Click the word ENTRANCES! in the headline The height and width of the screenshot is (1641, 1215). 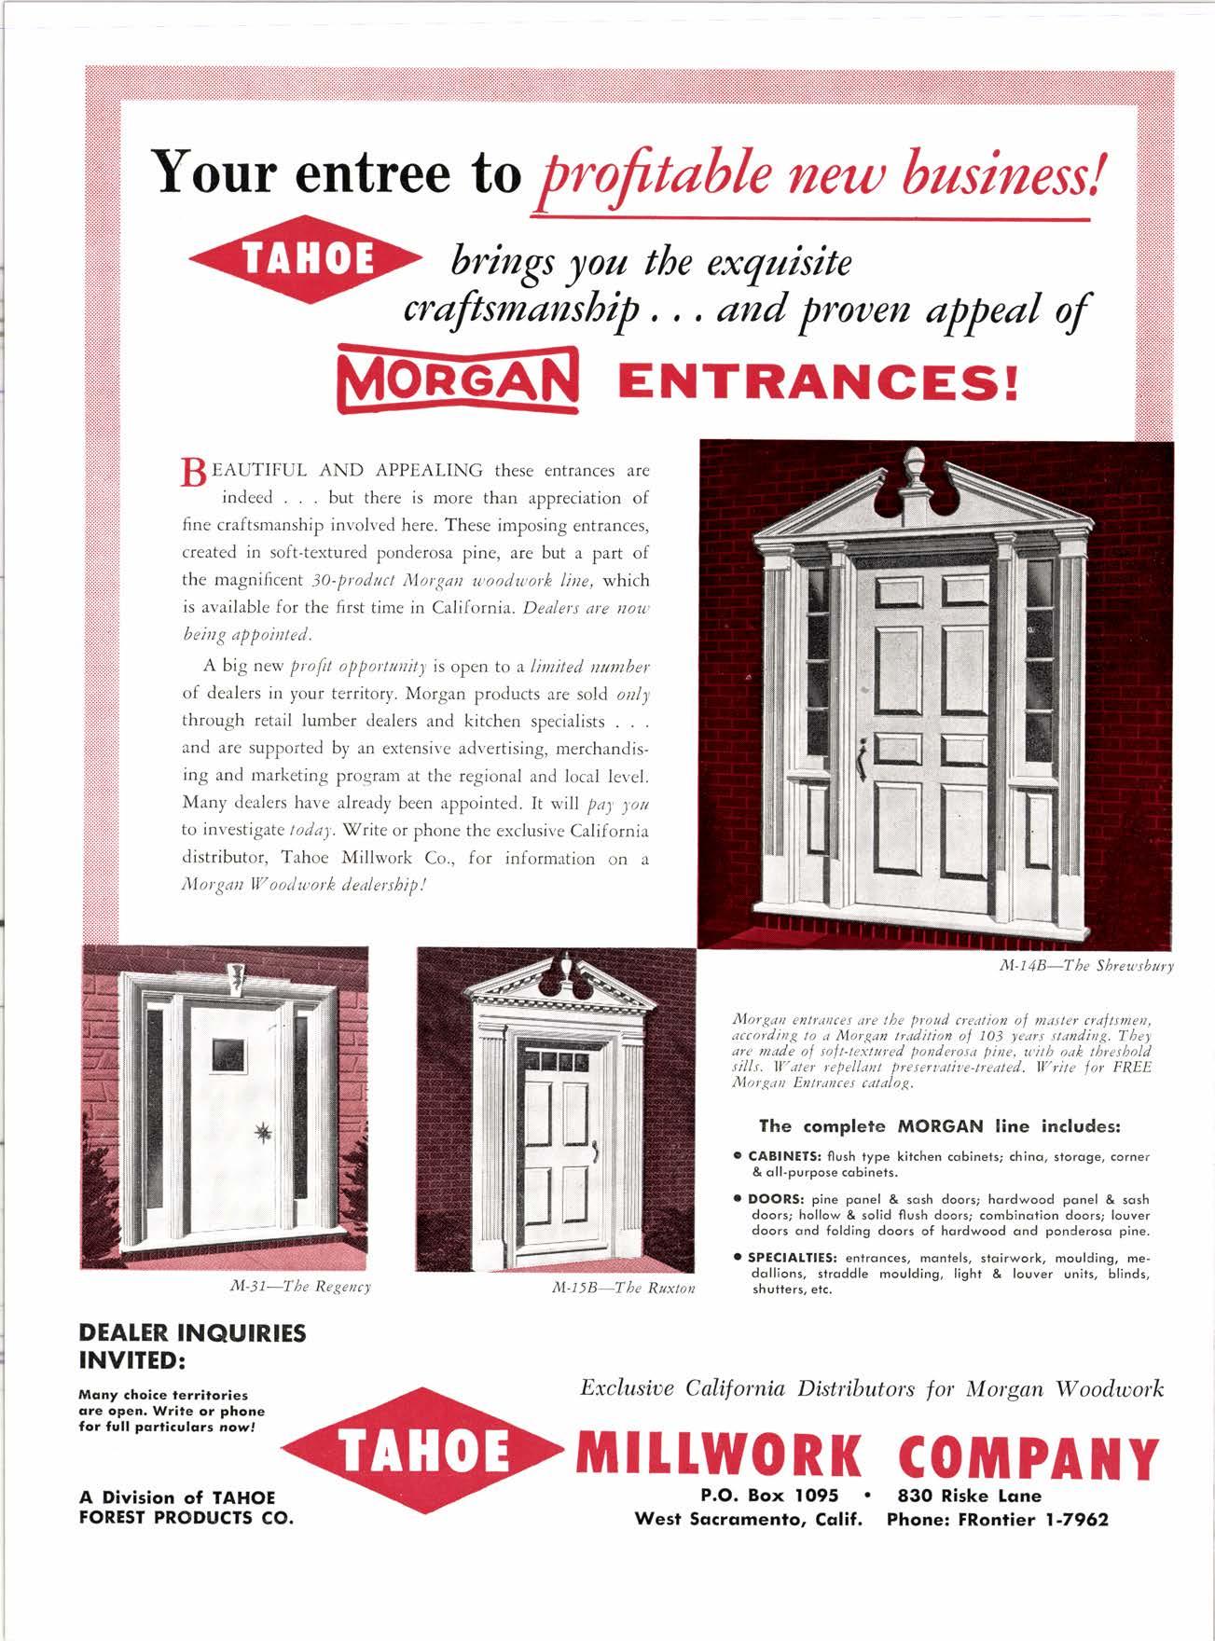pyautogui.click(x=813, y=382)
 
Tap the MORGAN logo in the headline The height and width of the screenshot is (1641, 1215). pyautogui.click(x=459, y=381)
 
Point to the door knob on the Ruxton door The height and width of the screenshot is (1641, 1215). pyautogui.click(x=592, y=1153)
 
